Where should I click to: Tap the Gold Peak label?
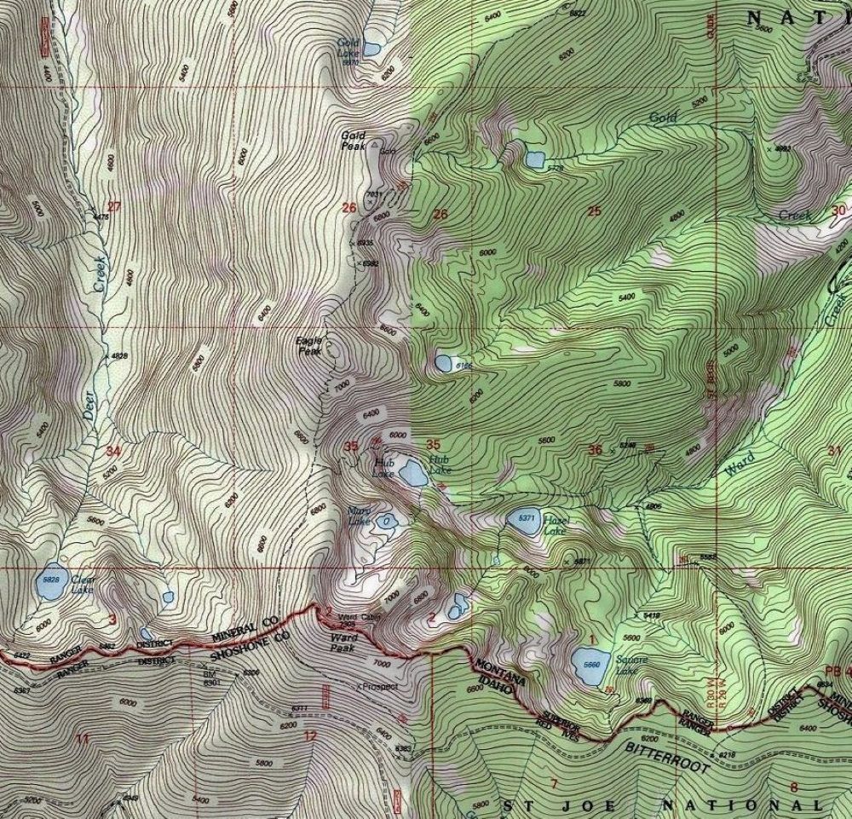click(353, 140)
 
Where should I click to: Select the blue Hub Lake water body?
click(413, 472)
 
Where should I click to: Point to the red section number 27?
click(114, 206)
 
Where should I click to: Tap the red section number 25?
click(594, 211)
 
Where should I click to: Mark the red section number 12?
click(309, 735)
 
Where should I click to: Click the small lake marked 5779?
click(535, 159)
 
